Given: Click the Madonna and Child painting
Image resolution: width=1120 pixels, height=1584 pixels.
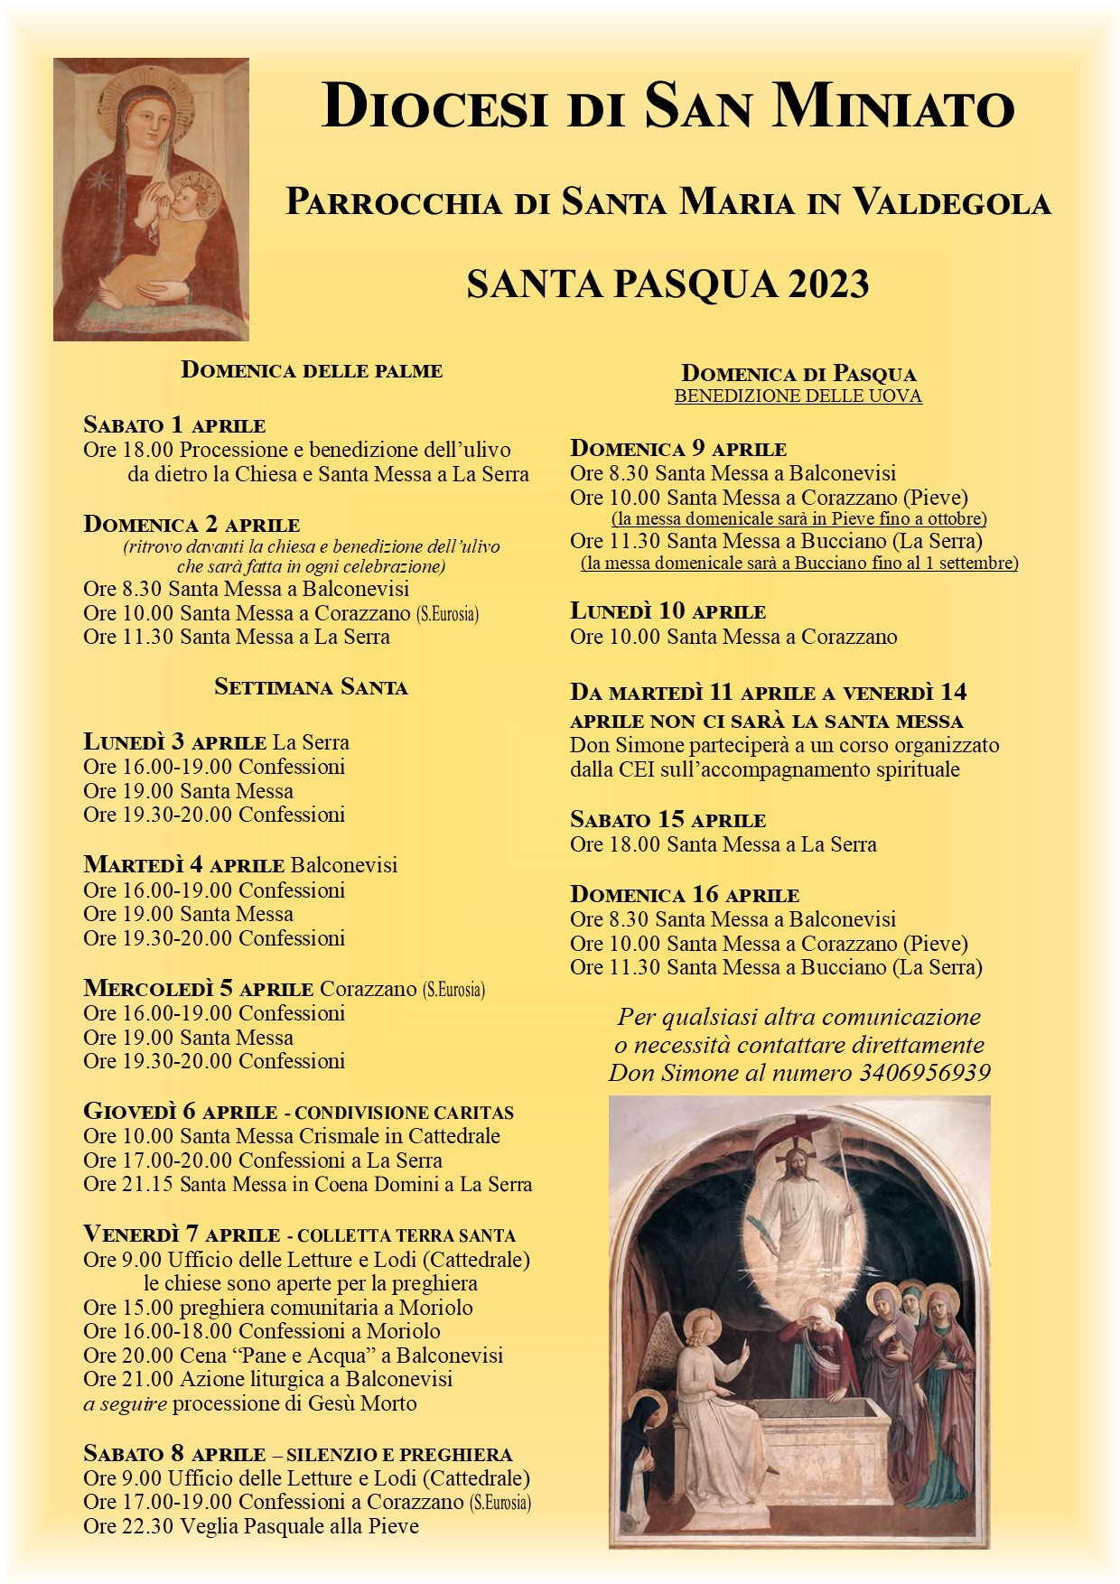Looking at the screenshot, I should [151, 200].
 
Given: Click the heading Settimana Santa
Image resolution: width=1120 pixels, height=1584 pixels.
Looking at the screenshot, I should [311, 687].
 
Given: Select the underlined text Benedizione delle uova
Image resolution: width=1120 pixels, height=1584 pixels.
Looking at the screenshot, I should [798, 396].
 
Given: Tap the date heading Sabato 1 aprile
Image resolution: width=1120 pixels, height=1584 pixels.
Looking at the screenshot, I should [174, 424].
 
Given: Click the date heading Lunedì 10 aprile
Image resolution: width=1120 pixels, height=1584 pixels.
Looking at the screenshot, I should [667, 611].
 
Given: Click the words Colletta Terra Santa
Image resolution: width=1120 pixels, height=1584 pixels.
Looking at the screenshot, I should [406, 1235].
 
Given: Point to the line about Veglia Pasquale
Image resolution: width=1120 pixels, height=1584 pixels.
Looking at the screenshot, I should [251, 1526].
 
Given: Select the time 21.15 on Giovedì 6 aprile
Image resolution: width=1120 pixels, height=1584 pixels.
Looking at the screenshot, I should [145, 1184].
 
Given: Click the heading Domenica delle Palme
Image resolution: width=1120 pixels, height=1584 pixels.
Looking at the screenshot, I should [312, 370].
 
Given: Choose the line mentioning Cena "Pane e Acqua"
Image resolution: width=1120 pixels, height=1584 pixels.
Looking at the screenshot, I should [293, 1356].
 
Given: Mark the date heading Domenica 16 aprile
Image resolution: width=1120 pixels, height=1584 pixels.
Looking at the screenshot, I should [684, 895].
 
